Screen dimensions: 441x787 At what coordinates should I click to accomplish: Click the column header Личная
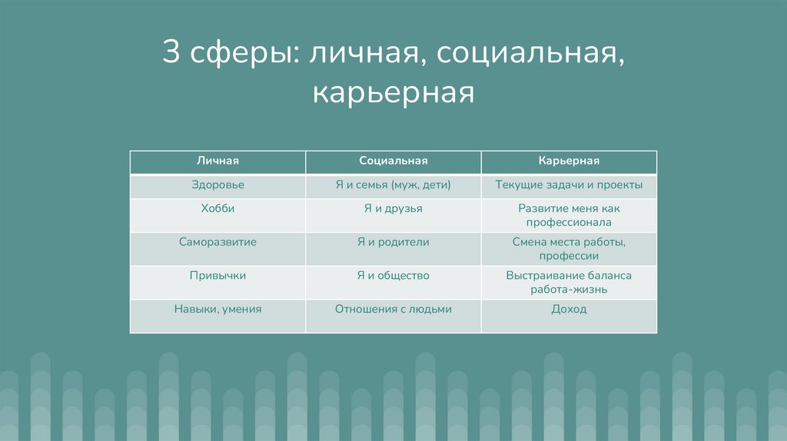click(218, 161)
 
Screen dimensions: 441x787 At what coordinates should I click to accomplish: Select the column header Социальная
click(393, 161)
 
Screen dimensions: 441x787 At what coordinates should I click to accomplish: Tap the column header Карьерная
click(569, 161)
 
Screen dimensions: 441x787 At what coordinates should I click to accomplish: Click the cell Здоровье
click(218, 185)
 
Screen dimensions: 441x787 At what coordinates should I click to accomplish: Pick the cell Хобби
click(218, 208)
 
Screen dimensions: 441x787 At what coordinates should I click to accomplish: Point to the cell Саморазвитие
click(218, 242)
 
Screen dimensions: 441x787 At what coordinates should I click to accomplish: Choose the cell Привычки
click(218, 275)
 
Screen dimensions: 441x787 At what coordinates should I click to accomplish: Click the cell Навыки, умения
click(218, 309)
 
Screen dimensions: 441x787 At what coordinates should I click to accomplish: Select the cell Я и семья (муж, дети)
click(393, 185)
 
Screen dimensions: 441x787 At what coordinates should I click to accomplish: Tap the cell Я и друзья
click(393, 208)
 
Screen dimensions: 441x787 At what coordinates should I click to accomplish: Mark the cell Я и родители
click(393, 242)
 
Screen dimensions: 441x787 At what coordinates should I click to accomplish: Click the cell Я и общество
click(393, 275)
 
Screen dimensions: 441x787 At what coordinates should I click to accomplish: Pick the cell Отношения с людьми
click(393, 309)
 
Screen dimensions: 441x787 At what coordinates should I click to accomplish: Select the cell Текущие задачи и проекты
click(569, 185)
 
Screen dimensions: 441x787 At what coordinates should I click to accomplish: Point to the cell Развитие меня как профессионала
click(569, 215)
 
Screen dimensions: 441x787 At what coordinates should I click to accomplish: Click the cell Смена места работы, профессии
click(569, 249)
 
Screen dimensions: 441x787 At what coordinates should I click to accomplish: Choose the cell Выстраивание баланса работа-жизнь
click(569, 282)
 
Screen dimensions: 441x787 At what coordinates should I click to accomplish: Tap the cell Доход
click(569, 309)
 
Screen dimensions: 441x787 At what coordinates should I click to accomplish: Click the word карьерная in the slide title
click(393, 94)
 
